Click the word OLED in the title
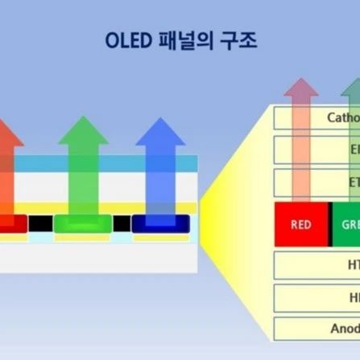point(131,40)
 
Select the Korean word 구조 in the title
point(238,40)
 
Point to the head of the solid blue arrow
point(160,131)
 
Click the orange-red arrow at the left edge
point(6,161)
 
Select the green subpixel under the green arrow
point(82,223)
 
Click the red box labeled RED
point(300,225)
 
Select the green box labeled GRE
point(346,225)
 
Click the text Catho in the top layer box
point(342,118)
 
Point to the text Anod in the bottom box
point(345,329)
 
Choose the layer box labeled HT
point(317,265)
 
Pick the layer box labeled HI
point(317,297)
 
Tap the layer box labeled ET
point(317,183)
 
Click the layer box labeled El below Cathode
point(317,150)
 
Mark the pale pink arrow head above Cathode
point(301,90)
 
